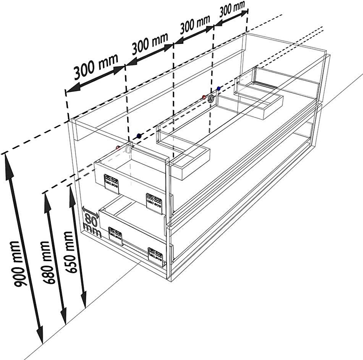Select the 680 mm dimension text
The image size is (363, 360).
click(x=48, y=262)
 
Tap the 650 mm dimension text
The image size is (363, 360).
click(x=70, y=252)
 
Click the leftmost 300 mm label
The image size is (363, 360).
click(x=96, y=66)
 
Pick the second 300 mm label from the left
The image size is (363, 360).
click(x=150, y=44)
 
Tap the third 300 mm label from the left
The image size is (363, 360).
click(x=195, y=24)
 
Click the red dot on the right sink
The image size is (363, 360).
click(x=204, y=97)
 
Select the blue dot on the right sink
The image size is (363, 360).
click(x=219, y=89)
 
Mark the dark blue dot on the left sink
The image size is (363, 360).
click(x=139, y=136)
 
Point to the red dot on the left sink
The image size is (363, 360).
click(x=118, y=148)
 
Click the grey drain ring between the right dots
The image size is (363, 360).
click(x=211, y=99)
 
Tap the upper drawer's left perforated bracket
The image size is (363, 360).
click(x=111, y=183)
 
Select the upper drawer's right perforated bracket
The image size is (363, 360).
click(x=154, y=203)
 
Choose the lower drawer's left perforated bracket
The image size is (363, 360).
click(x=115, y=236)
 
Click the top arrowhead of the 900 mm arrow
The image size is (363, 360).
click(x=9, y=166)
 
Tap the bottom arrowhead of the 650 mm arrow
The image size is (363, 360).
click(x=84, y=300)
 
